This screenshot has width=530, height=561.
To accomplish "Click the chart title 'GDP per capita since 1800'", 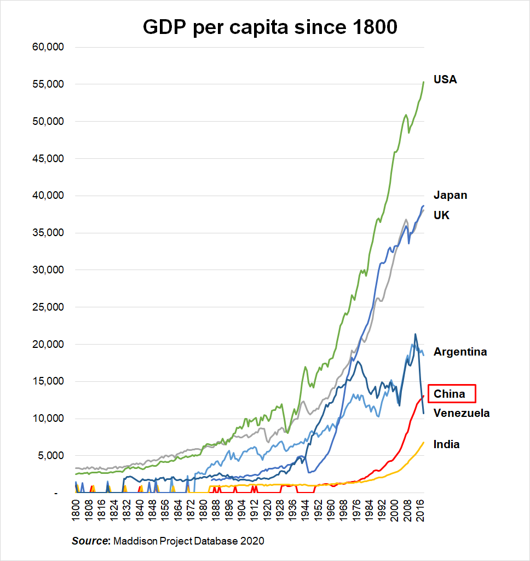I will [270, 27].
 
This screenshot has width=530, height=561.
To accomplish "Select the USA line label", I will [445, 79].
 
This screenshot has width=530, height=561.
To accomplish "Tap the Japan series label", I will [450, 195].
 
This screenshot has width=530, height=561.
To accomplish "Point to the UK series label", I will [441, 215].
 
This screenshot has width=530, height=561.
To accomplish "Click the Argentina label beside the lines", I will [460, 352].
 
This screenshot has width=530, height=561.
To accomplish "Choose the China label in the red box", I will [450, 393].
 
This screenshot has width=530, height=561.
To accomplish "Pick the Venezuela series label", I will [461, 413].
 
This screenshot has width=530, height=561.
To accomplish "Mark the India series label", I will [446, 444].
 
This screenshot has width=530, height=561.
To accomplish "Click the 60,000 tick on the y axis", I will [49, 47].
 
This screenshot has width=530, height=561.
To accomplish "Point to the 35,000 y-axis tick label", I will [49, 233].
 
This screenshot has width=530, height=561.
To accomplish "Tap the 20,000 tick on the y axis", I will [49, 345].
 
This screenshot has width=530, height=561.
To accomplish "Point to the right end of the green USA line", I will [424, 82].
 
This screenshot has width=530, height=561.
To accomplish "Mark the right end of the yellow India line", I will [424, 442].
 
